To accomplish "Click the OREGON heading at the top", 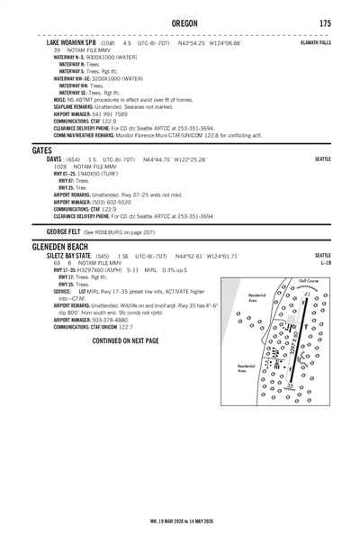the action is (179, 23).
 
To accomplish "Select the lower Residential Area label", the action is (247, 370).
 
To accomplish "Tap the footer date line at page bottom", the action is (180, 520).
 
